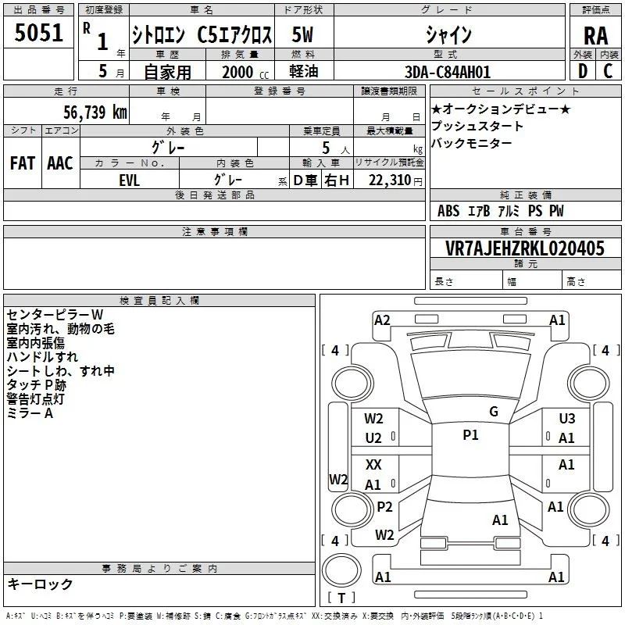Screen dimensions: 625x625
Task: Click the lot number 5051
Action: pyautogui.click(x=38, y=33)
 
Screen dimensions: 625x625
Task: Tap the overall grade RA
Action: pyautogui.click(x=595, y=36)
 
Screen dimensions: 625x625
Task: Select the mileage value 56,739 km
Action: pyautogui.click(x=95, y=112)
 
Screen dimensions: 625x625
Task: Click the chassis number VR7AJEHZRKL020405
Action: pyautogui.click(x=524, y=248)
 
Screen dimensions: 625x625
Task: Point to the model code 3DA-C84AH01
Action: pyautogui.click(x=447, y=72)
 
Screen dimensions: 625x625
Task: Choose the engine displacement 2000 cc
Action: pyautogui.click(x=245, y=72)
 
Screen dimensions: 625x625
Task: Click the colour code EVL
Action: pyautogui.click(x=129, y=180)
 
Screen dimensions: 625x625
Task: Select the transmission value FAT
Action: pyautogui.click(x=22, y=163)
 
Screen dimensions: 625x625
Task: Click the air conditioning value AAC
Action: pyautogui.click(x=60, y=163)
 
